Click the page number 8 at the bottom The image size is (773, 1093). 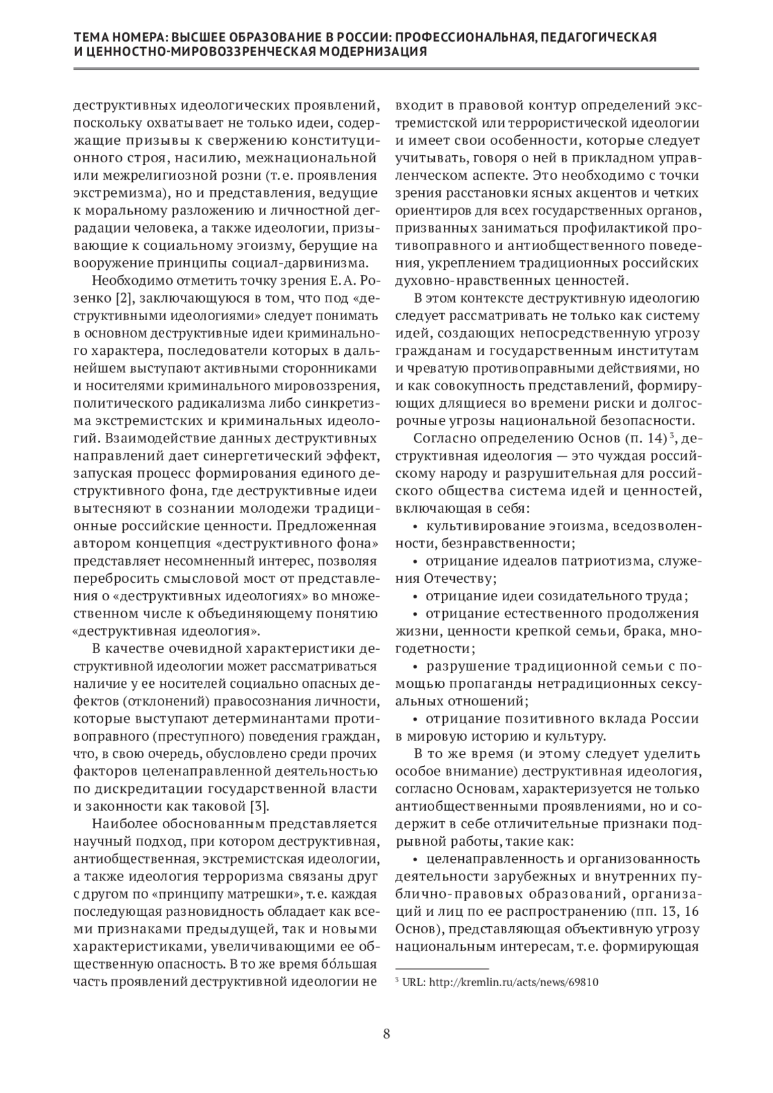point(386,1034)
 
